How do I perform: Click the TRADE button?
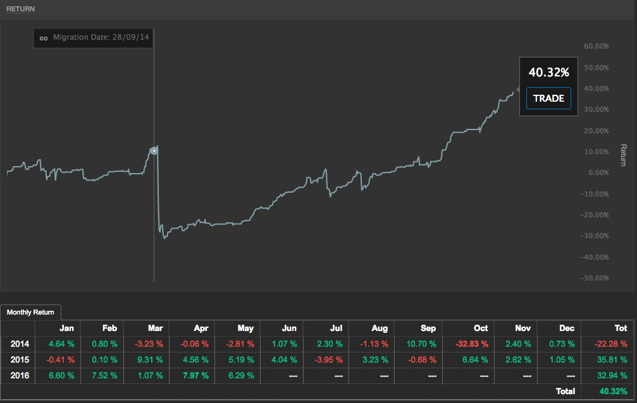(548, 99)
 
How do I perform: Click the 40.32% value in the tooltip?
(548, 73)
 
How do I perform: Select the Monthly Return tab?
(31, 312)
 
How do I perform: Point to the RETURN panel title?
(21, 9)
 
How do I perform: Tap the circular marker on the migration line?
(154, 150)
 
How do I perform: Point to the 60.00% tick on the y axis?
(596, 46)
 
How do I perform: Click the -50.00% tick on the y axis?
(595, 278)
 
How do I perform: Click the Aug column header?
(380, 328)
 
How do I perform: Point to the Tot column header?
(621, 328)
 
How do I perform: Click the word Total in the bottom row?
(566, 392)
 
